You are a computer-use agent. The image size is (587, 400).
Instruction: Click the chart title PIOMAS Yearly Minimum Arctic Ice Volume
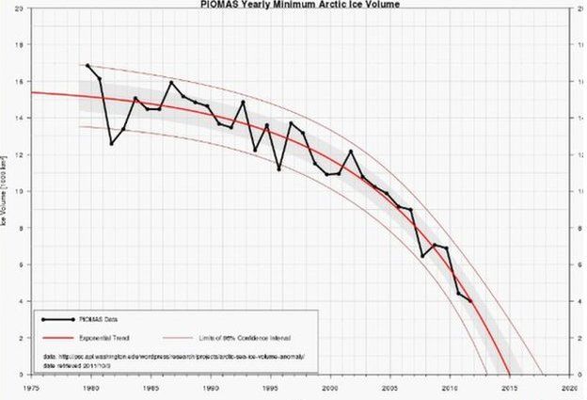click(x=300, y=5)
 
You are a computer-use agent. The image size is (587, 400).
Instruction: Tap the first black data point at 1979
click(x=87, y=66)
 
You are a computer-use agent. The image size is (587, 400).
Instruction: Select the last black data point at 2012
click(x=470, y=301)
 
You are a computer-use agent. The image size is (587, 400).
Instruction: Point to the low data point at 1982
click(x=112, y=144)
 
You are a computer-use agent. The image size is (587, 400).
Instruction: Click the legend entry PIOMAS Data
click(x=105, y=319)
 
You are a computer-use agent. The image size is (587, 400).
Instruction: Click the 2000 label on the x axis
click(x=330, y=386)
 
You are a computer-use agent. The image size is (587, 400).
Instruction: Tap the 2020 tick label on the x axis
click(x=568, y=386)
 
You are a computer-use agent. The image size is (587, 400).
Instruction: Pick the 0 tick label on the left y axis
click(x=23, y=375)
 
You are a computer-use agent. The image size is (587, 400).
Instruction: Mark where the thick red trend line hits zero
click(x=509, y=374)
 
